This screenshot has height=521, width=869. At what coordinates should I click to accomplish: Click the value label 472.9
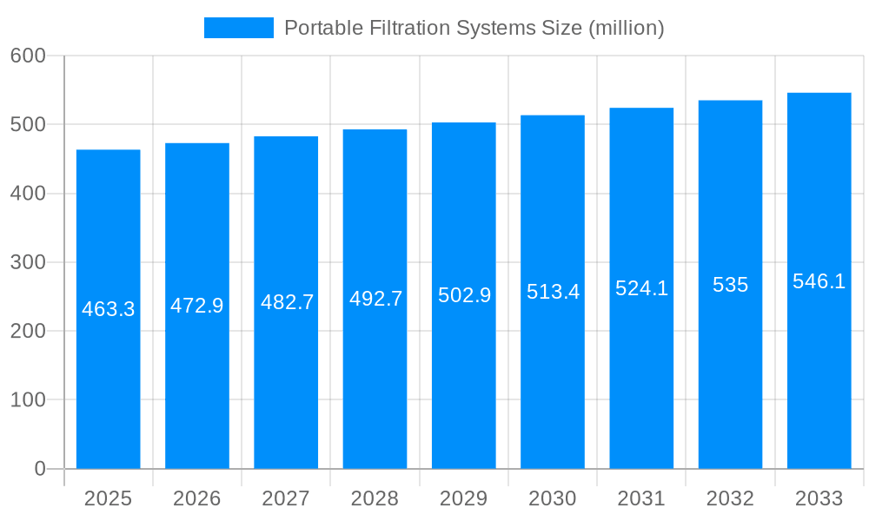pos(197,306)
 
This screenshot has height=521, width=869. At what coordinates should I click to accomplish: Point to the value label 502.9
pos(464,295)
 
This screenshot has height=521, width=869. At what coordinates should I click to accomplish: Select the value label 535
pos(730,285)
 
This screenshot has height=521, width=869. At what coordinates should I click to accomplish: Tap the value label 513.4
pos(553,292)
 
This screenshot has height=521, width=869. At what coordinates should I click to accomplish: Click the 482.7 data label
pos(287,302)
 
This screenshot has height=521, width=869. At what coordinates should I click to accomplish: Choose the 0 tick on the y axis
pos(39,469)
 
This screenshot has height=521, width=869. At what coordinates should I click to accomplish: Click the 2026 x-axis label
pos(197,498)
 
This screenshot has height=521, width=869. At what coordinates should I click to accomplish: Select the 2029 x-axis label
pos(464,498)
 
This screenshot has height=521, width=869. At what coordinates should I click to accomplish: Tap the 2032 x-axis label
pos(730,498)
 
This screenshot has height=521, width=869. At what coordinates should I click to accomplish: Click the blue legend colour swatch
pos(238,28)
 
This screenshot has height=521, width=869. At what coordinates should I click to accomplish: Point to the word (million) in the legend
pos(627,28)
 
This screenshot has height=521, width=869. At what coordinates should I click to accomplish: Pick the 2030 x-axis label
pos(553,498)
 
